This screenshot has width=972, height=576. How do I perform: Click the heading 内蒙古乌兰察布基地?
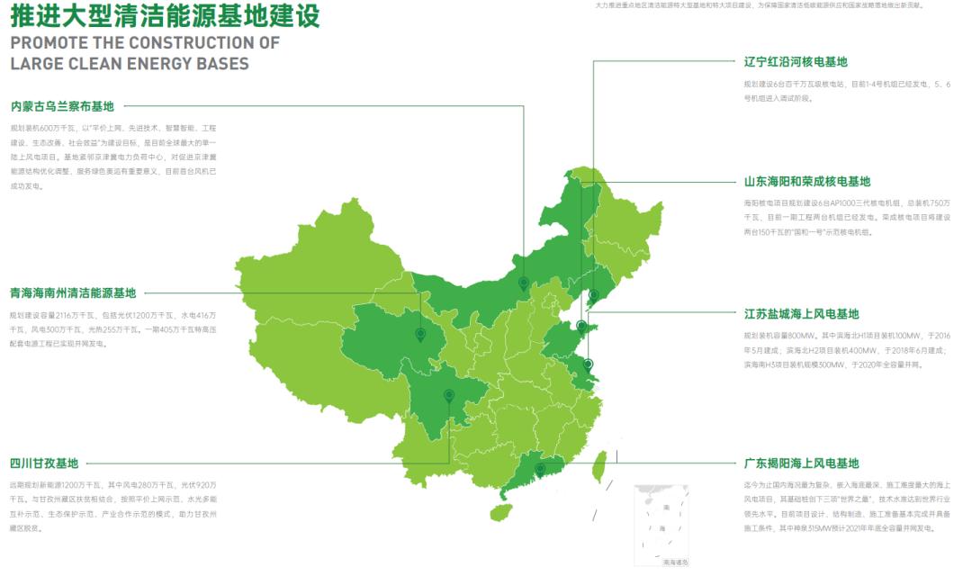(x=68, y=106)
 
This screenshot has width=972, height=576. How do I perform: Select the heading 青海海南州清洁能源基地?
(x=73, y=292)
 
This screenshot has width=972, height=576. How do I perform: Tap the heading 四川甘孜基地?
(x=44, y=463)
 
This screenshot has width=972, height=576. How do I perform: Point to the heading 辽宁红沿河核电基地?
(x=796, y=62)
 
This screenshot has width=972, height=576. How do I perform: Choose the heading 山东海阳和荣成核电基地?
(x=807, y=181)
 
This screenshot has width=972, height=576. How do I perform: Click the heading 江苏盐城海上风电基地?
(x=801, y=314)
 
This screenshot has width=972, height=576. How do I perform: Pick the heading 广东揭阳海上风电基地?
(x=801, y=463)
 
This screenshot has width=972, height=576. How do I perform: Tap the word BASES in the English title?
(x=221, y=64)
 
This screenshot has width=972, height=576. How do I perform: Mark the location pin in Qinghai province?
(x=419, y=335)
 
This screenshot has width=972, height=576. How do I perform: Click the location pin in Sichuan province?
(x=448, y=396)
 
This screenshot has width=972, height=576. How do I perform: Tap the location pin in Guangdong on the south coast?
(x=540, y=469)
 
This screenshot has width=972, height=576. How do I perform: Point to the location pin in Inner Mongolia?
(x=523, y=283)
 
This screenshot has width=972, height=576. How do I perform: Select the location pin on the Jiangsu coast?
(x=588, y=364)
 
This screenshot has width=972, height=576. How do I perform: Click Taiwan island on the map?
(x=597, y=466)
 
